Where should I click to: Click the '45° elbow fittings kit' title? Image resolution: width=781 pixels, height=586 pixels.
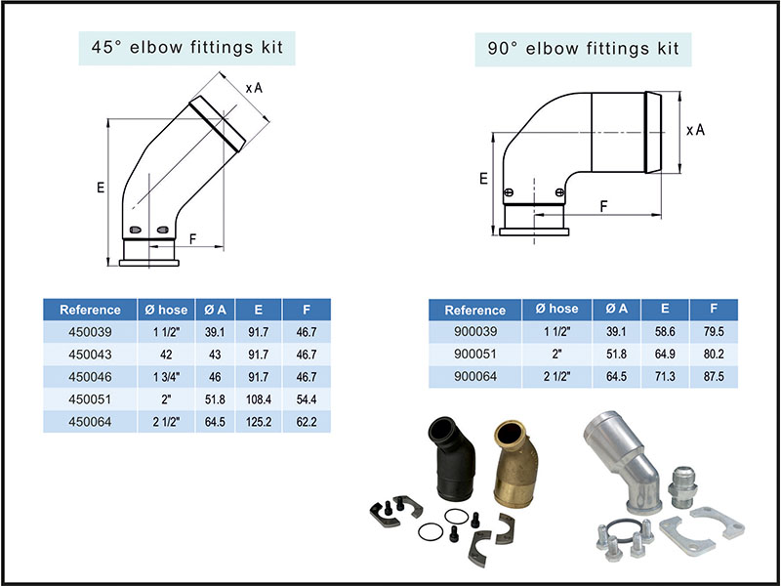[187, 47]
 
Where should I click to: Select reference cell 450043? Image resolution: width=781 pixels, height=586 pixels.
[90, 355]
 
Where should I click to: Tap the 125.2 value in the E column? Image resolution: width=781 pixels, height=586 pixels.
[259, 422]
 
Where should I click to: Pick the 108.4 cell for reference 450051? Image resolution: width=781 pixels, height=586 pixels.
[259, 399]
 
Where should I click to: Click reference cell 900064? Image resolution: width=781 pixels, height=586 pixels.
[474, 377]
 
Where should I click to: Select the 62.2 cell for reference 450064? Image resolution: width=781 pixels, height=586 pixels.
[307, 422]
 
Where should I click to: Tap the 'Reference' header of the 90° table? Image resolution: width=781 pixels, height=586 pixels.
[474, 310]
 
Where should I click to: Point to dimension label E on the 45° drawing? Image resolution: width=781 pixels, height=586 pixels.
[101, 188]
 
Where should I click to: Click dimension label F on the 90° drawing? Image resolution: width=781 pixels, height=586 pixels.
[604, 206]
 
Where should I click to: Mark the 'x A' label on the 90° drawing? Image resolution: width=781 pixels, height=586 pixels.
[695, 130]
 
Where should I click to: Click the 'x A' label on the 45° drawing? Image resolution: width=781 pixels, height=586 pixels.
[253, 88]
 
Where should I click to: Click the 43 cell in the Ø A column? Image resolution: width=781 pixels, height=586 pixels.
[216, 355]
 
